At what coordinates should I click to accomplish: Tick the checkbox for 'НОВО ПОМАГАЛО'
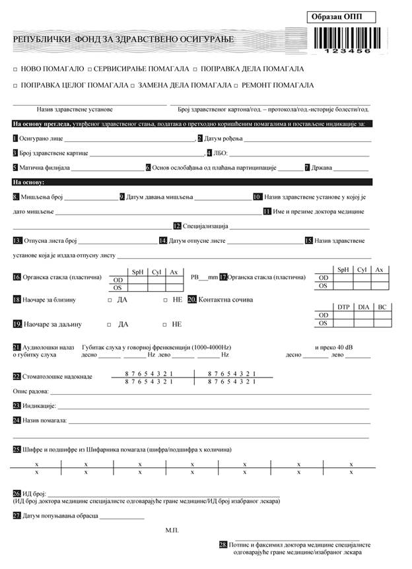pyautogui.click(x=15, y=69)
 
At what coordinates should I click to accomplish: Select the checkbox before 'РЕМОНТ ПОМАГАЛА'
pyautogui.click(x=236, y=86)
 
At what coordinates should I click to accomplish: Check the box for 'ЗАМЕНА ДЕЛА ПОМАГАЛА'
pyautogui.click(x=133, y=86)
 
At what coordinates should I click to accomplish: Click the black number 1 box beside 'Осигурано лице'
pyautogui.click(x=15, y=139)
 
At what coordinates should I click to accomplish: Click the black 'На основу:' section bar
pyautogui.click(x=191, y=182)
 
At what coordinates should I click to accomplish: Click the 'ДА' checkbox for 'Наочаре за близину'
pyautogui.click(x=110, y=300)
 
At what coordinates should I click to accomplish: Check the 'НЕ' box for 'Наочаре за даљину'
pyautogui.click(x=165, y=325)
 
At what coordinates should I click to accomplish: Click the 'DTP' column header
pyautogui.click(x=343, y=307)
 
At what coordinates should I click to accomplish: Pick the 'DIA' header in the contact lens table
pyautogui.click(x=364, y=307)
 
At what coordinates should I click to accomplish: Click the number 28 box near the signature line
pyautogui.click(x=223, y=545)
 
